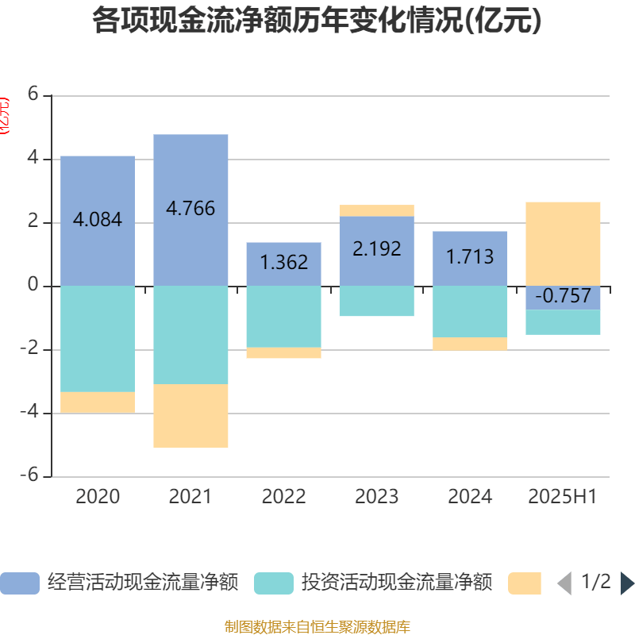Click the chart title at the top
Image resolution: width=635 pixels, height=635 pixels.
[317, 21]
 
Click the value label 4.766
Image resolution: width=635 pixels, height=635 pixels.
[190, 209]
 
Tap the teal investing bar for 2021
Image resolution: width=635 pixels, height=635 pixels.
[190, 334]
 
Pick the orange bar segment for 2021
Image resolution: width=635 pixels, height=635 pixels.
[190, 416]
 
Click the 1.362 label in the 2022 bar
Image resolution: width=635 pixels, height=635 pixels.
[283, 263]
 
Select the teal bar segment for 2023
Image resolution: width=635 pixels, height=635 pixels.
[376, 301]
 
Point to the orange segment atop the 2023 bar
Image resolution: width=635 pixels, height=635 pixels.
[376, 210]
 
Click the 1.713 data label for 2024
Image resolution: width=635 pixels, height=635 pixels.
[469, 257]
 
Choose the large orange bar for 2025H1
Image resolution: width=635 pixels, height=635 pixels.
[563, 243]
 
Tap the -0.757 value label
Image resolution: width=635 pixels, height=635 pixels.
[563, 297]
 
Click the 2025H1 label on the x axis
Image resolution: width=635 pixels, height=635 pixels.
[563, 497]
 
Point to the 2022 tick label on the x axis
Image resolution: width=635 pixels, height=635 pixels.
[283, 497]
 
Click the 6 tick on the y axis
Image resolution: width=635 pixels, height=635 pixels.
[33, 94]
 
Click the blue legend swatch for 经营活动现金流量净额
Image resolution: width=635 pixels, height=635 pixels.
[20, 583]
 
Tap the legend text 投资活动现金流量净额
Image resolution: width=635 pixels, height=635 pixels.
[396, 583]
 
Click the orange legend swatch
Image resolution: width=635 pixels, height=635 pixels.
[525, 583]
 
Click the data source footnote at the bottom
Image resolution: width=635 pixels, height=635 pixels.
[317, 627]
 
